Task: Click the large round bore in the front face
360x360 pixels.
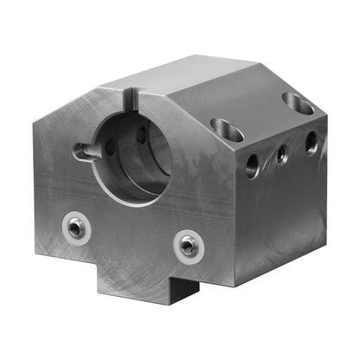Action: point(133,156)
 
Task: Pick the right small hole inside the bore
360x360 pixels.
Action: point(141,134)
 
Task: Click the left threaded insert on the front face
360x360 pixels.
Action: point(77,228)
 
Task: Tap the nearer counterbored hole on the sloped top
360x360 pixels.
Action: point(227,128)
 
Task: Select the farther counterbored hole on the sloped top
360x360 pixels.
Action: point(299,104)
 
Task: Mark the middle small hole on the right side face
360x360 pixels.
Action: point(281,154)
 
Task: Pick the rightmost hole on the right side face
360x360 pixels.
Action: point(311,142)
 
